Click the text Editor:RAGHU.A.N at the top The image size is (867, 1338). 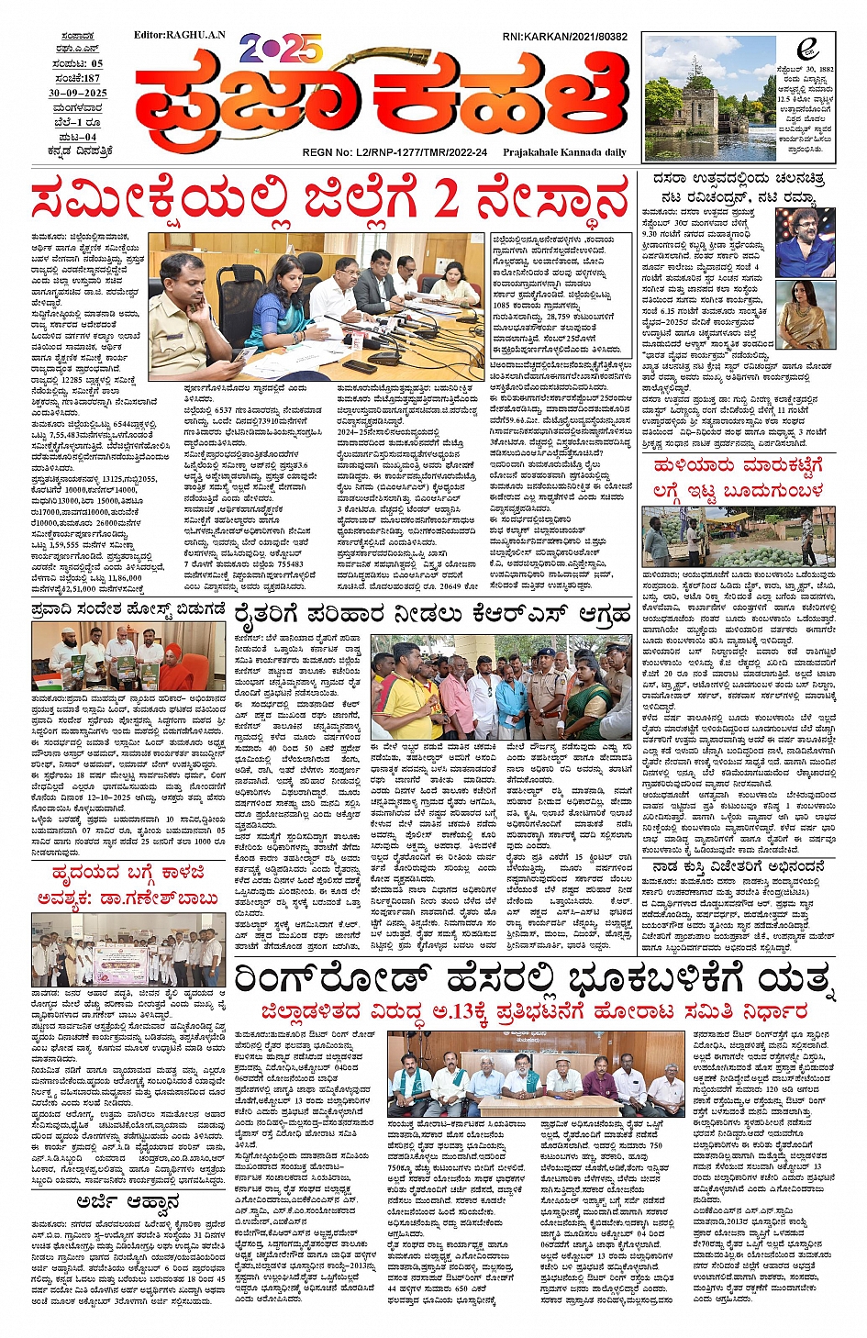[x=179, y=35]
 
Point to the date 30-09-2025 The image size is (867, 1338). [x=78, y=93]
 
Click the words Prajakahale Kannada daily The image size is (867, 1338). [x=564, y=152]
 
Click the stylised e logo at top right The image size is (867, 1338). [x=806, y=48]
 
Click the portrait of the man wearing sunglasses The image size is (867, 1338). [x=806, y=241]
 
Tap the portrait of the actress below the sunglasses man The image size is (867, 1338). [x=806, y=315]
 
